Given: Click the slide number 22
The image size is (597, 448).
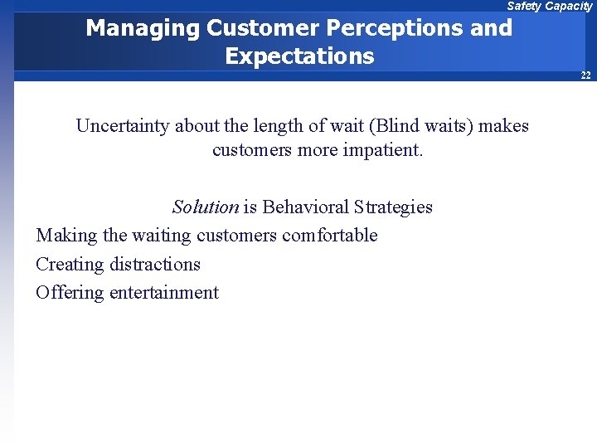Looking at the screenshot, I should coord(585,75).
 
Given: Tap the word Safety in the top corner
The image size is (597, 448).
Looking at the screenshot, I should coord(524,6).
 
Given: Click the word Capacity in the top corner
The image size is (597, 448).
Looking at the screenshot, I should coord(569,6).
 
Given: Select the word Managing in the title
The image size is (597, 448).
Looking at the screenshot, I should coord(143,29).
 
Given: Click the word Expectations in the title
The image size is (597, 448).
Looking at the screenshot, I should coord(299,56).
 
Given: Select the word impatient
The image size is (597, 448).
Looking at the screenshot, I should coord(381,151).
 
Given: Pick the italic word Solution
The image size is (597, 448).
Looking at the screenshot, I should coord(205,207).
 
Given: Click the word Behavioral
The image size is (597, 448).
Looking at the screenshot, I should coord(305,207).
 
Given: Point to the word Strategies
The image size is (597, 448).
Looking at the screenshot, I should coord(393,207).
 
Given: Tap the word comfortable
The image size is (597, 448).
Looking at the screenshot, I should coord(329,236).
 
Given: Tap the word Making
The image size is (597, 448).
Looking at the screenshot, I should coord(66,236).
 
